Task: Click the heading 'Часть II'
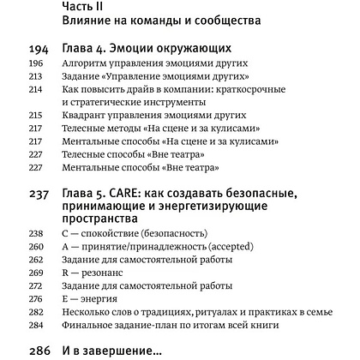(88, 7)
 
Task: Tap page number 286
(39, 352)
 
